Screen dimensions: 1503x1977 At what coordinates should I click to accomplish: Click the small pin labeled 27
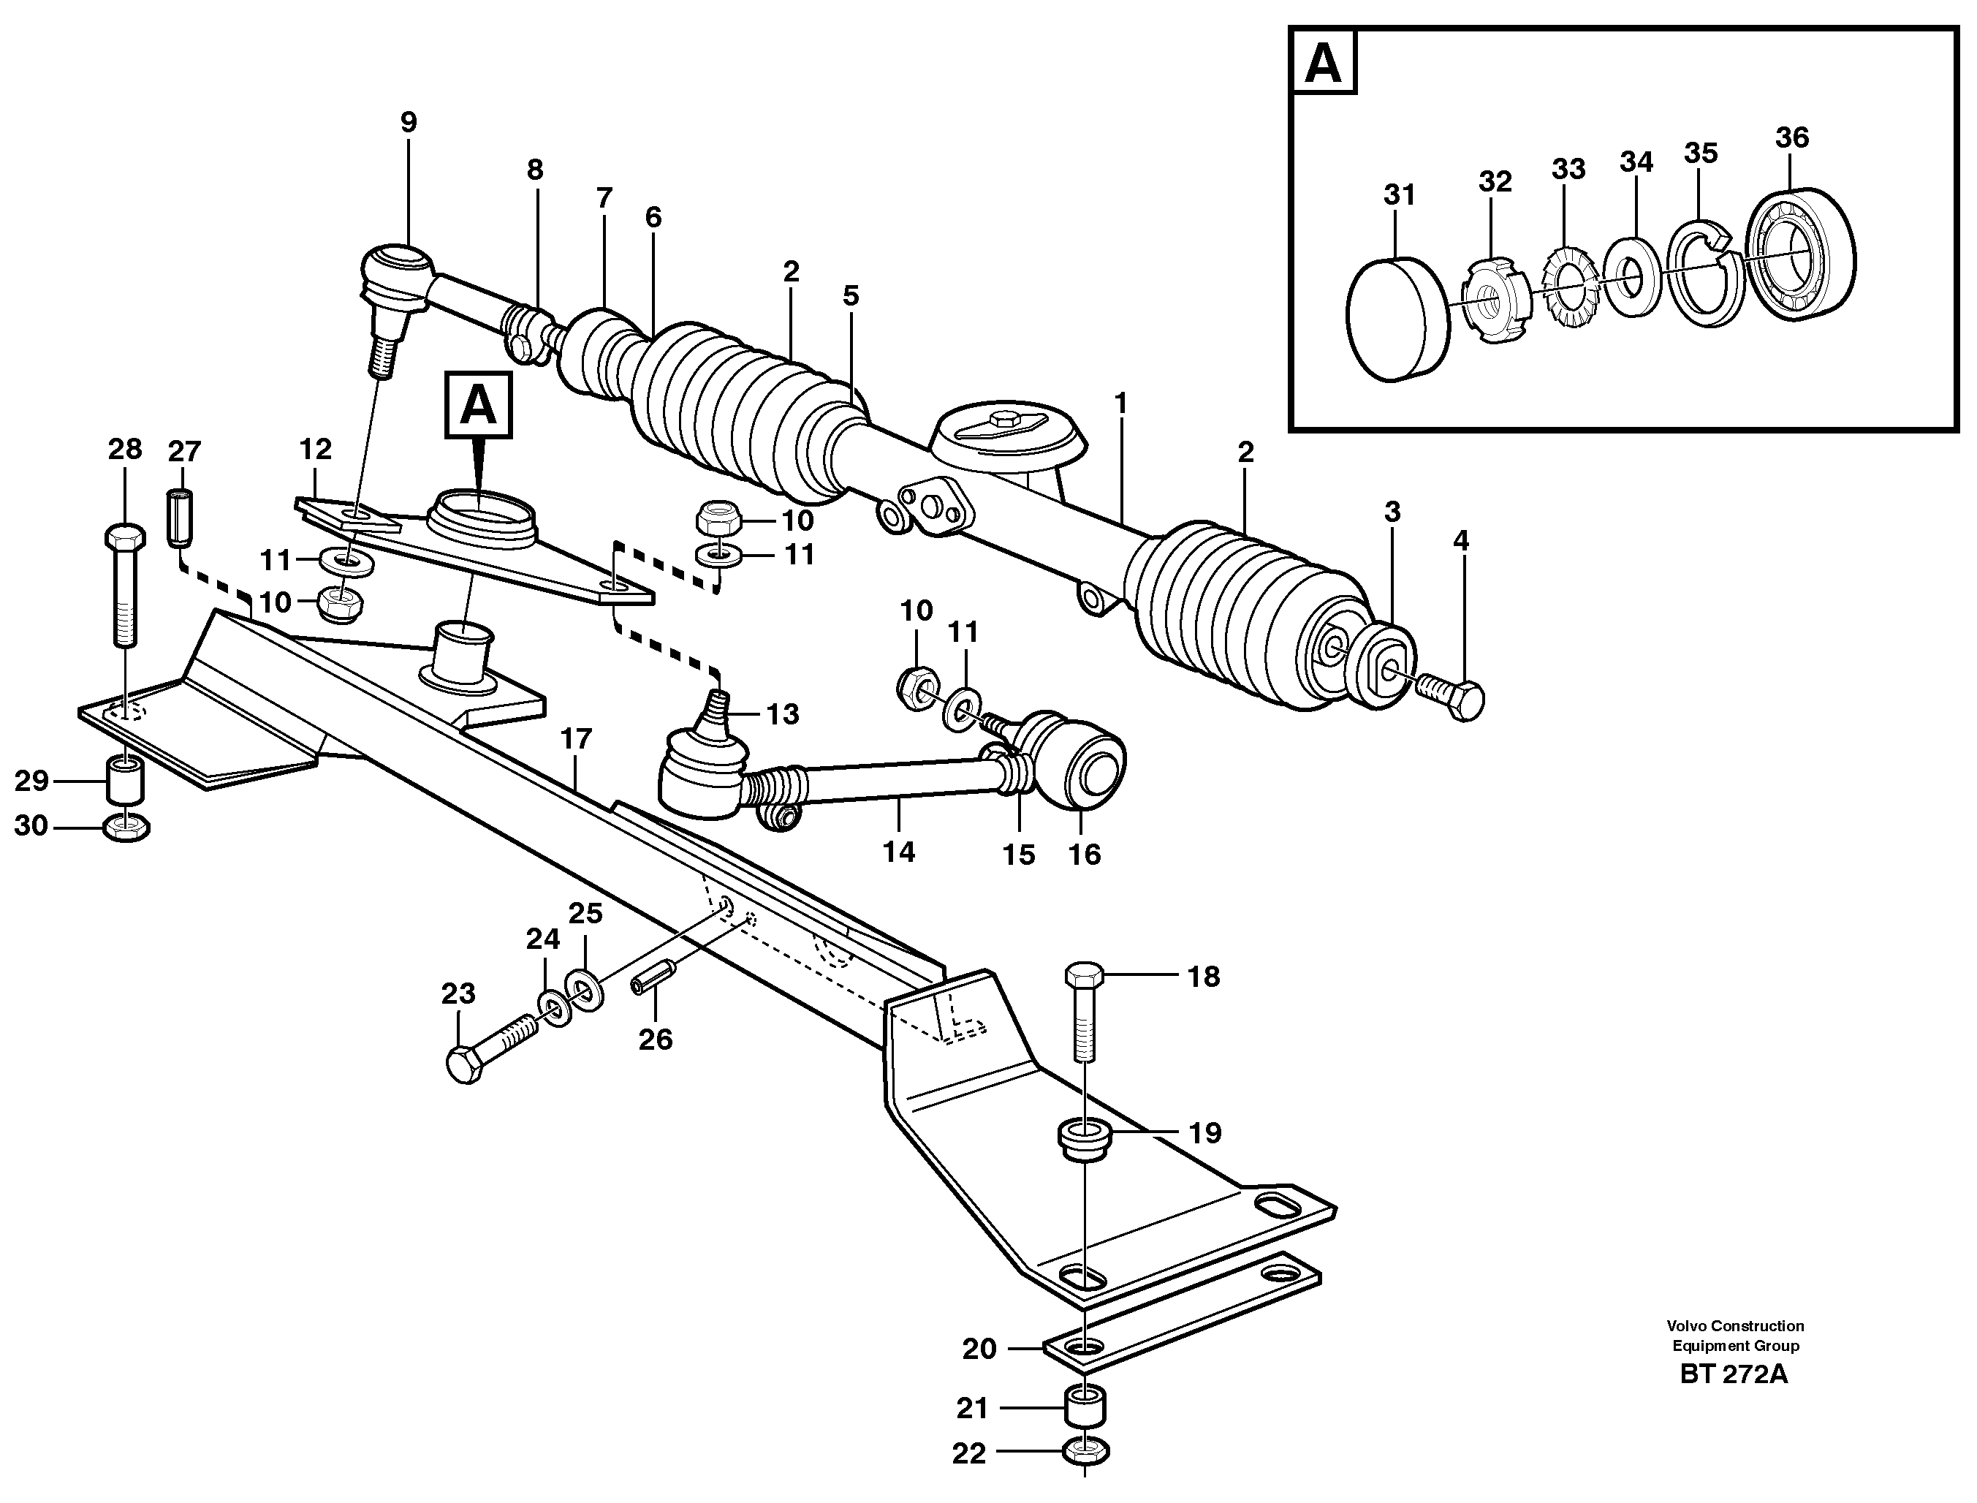pos(181,519)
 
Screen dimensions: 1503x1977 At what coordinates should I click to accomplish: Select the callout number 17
pos(576,739)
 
